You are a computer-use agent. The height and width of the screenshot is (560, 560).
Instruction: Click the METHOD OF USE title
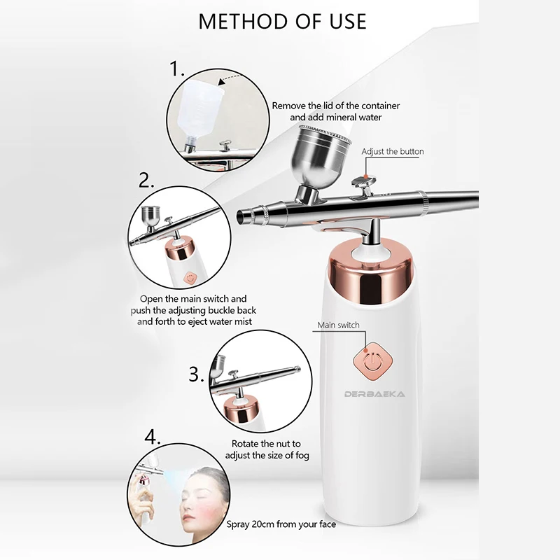point(282,21)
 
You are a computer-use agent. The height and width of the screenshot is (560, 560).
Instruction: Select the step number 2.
point(146,181)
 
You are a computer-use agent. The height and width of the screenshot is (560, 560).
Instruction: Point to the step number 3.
point(196,374)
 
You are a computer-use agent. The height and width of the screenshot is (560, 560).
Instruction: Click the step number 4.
point(153,438)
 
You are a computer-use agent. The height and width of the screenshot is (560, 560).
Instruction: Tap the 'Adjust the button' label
point(392,151)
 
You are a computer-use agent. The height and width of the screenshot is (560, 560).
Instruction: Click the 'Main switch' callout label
point(338,325)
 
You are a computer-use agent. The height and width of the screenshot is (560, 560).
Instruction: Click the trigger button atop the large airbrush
point(361,184)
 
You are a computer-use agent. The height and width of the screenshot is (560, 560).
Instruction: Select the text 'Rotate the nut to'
point(266,444)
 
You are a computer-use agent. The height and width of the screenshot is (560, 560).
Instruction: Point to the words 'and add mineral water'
point(336,117)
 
